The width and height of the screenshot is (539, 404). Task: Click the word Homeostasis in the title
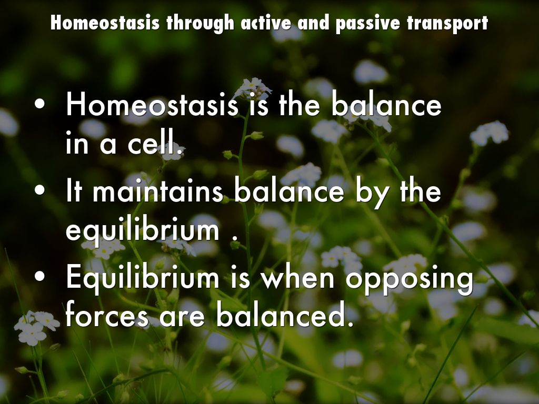pos(105,23)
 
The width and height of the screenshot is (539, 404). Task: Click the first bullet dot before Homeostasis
pos(39,104)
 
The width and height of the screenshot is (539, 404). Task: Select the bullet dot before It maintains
pos(39,190)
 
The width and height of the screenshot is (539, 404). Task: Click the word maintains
pos(158,191)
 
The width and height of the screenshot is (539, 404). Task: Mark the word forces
pos(107,315)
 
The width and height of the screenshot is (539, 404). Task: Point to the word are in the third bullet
pos(182,317)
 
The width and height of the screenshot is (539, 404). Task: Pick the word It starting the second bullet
pos(74,191)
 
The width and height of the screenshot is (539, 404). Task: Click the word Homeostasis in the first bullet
pos(152,104)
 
